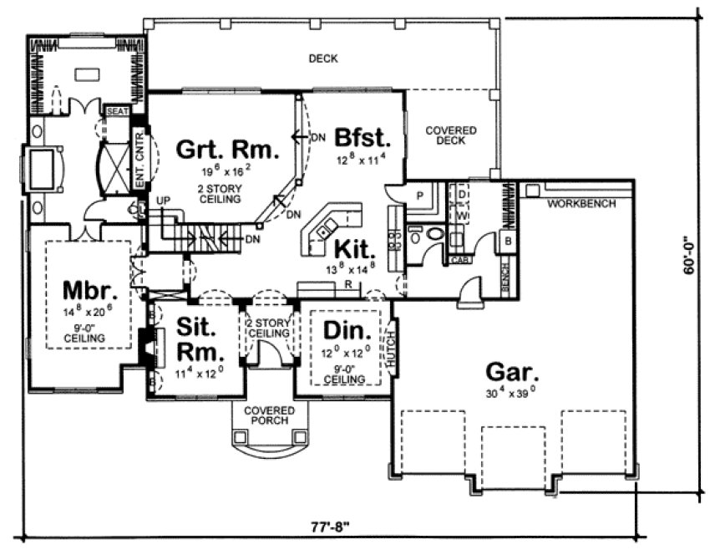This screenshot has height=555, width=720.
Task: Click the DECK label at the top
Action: [x=322, y=59]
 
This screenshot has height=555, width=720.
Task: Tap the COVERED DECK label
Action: [x=451, y=136]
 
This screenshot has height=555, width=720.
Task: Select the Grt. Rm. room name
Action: [x=227, y=150]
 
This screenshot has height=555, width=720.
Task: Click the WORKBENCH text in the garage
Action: [x=583, y=203]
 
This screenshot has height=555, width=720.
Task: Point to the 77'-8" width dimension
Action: [x=325, y=527]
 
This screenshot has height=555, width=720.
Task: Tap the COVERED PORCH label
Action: [x=270, y=415]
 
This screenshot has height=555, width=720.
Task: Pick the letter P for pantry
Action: [x=419, y=194]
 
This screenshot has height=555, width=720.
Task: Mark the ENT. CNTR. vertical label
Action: [x=139, y=158]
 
